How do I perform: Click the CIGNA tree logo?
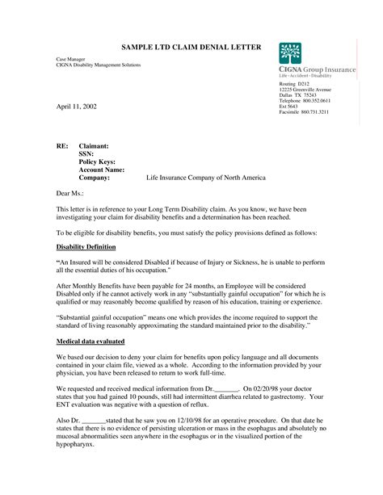[x=290, y=53]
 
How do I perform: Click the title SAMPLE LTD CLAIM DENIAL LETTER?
[x=191, y=48]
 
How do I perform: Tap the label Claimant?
[x=94, y=146]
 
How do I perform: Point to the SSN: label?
[x=86, y=154]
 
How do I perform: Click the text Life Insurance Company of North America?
[x=205, y=178]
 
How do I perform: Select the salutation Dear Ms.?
[x=69, y=194]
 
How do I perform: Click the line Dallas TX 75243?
[x=298, y=94]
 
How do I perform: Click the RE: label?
[x=62, y=146]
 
